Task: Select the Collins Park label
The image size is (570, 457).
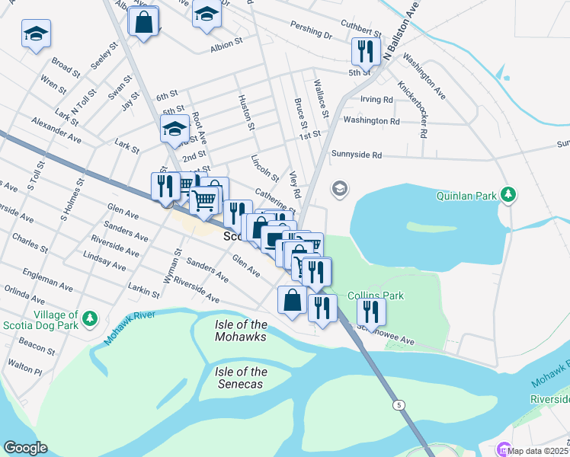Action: point(375,296)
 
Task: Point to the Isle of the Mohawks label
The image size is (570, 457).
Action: point(241,331)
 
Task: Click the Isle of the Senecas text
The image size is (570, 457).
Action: point(241,378)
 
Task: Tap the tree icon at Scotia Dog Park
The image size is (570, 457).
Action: point(90,318)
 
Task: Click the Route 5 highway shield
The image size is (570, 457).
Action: point(399,404)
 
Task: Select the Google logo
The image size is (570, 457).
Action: point(25,448)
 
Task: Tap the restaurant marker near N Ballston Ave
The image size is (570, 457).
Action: point(365,52)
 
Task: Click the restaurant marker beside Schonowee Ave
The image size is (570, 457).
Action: point(370,311)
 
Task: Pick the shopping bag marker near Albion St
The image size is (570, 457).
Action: point(143,22)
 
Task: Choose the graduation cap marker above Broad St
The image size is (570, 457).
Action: point(36,34)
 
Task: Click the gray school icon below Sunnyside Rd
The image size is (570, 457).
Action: point(339,188)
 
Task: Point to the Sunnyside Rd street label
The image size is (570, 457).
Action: point(356,155)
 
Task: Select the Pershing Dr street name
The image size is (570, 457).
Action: point(311,34)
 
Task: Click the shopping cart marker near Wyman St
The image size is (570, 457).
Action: point(204,201)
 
